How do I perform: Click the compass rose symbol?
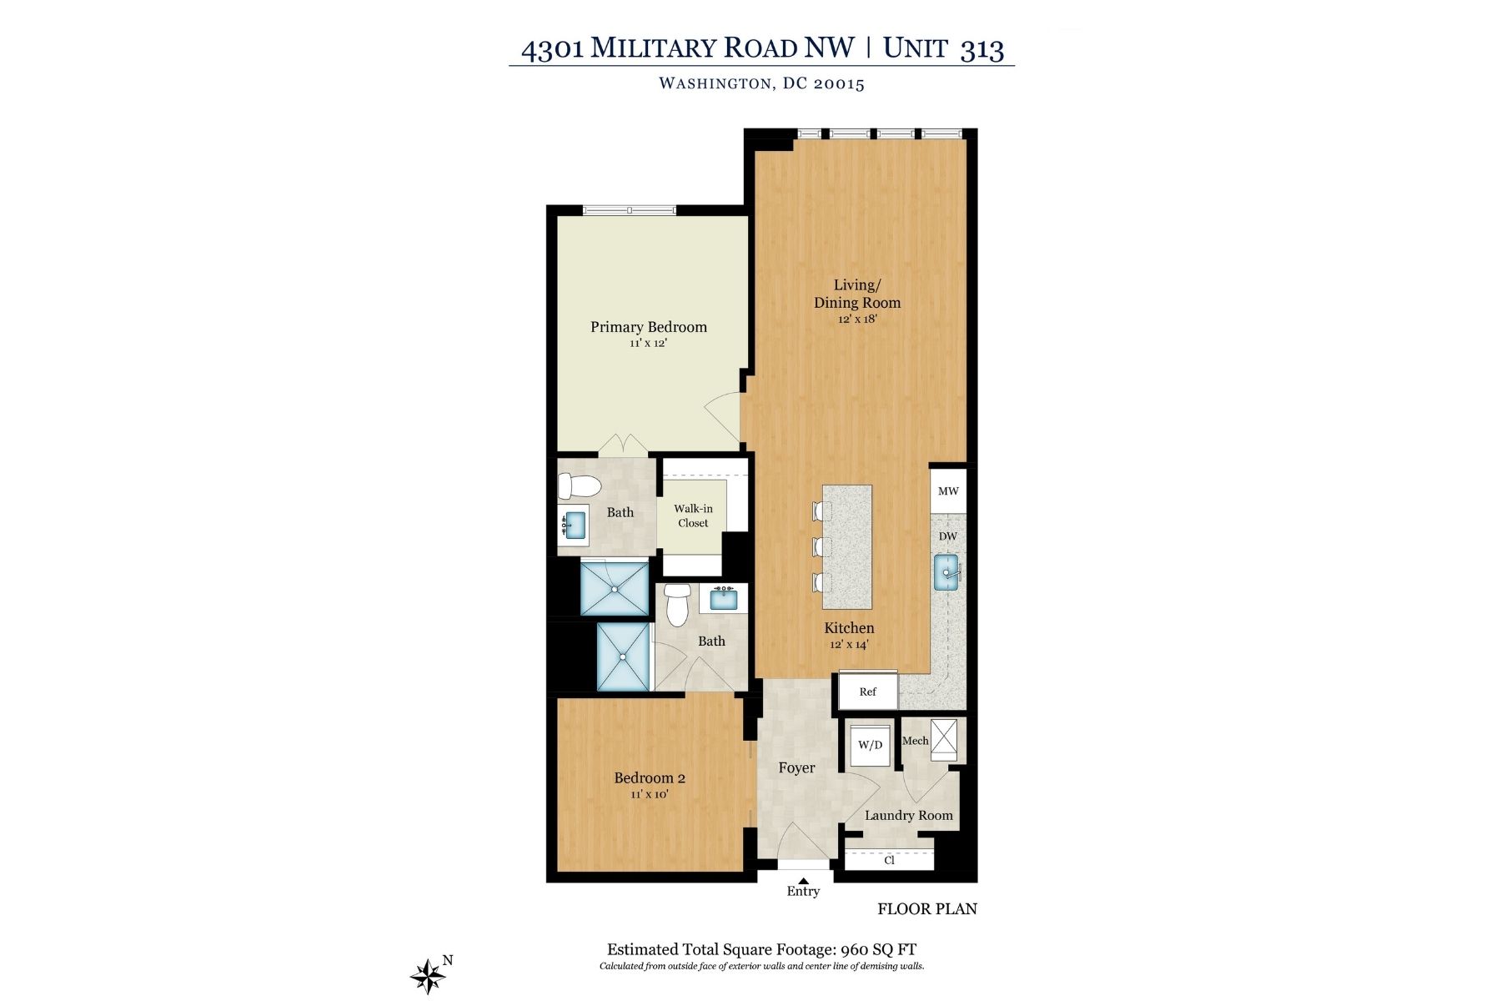[428, 975]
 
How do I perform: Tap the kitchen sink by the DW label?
[948, 574]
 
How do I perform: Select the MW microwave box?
[948, 491]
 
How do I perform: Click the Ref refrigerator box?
[868, 692]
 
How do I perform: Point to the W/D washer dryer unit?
[870, 745]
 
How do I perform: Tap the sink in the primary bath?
[573, 526]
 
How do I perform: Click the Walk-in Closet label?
[693, 516]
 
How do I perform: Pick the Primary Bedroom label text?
[649, 327]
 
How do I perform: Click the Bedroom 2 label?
[650, 778]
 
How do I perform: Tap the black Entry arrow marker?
[804, 880]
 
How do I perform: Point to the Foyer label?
[796, 767]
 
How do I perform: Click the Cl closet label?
[889, 860]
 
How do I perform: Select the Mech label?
[915, 741]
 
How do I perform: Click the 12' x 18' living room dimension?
[857, 319]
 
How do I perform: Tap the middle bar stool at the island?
[821, 547]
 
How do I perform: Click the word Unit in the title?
[915, 48]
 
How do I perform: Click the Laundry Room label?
[908, 816]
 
